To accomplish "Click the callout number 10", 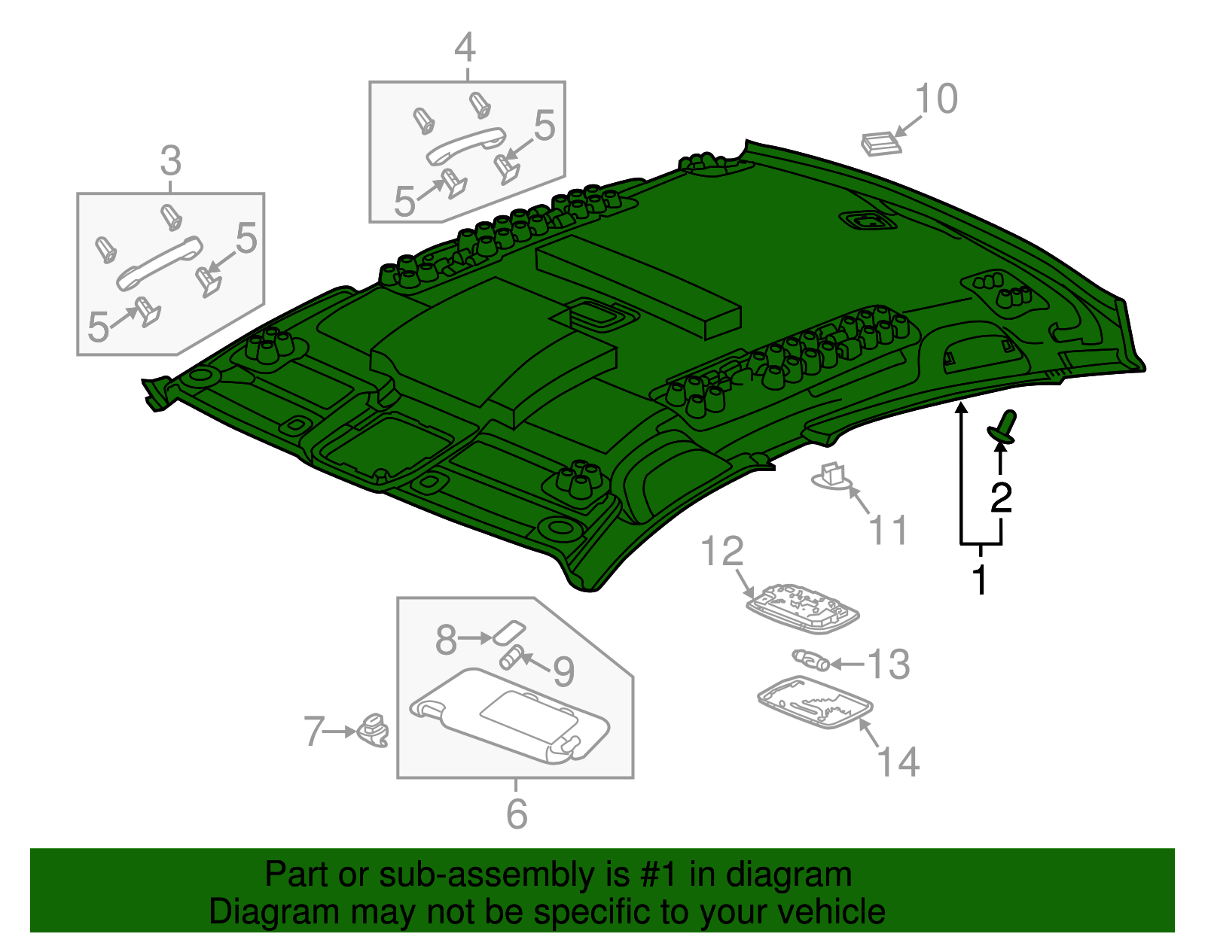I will click(936, 99).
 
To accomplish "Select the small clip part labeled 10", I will click(880, 143).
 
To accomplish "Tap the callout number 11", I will click(889, 530).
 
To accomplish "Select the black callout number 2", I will click(1001, 497).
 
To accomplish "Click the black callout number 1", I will click(979, 580).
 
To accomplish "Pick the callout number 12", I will click(722, 552).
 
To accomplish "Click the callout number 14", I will click(898, 762).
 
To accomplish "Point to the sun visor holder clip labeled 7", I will click(374, 729).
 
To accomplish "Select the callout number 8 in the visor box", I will click(446, 639).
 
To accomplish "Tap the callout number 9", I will click(563, 671).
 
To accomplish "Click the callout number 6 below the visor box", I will click(517, 814).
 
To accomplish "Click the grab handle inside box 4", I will click(465, 144).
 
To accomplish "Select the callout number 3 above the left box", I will click(171, 161).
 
